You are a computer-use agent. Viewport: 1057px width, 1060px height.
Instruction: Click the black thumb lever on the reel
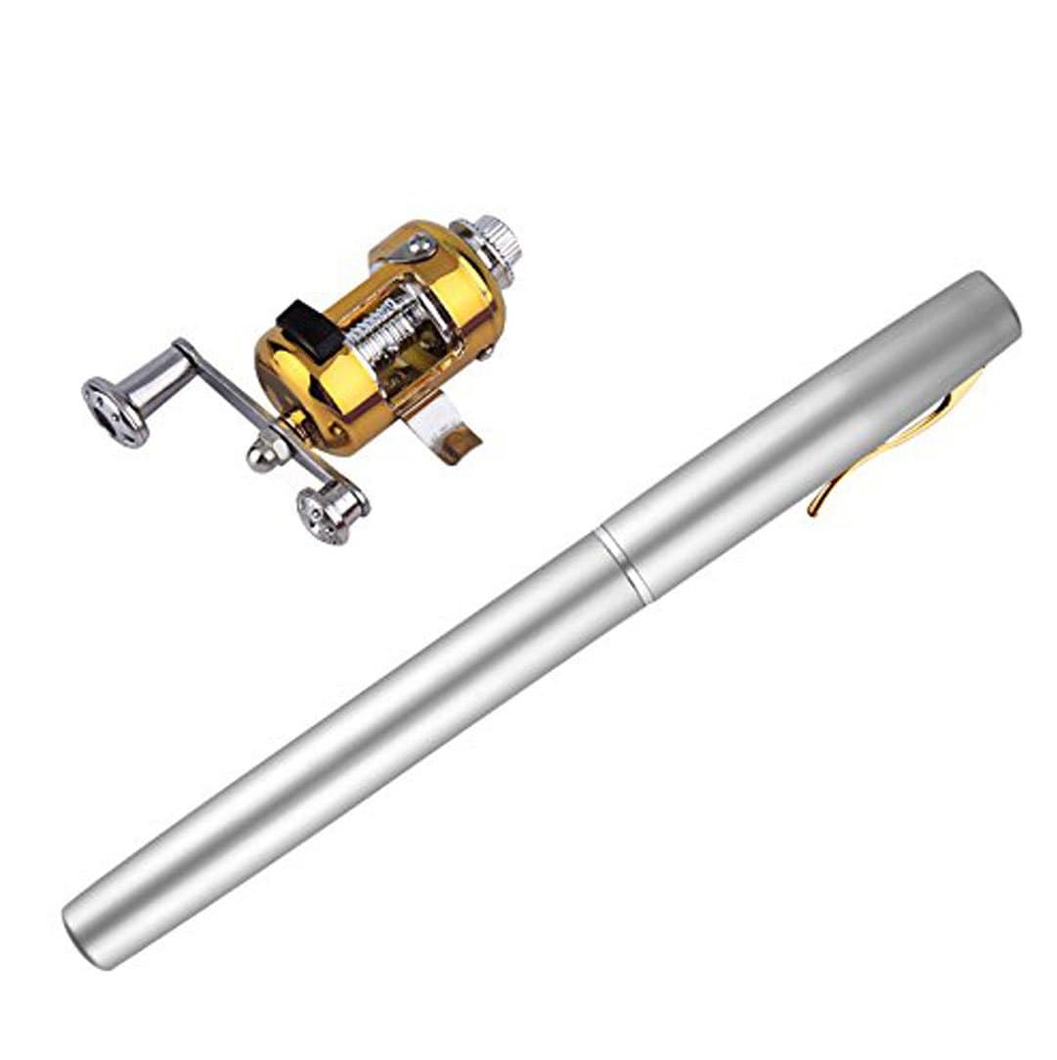coord(311,329)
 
